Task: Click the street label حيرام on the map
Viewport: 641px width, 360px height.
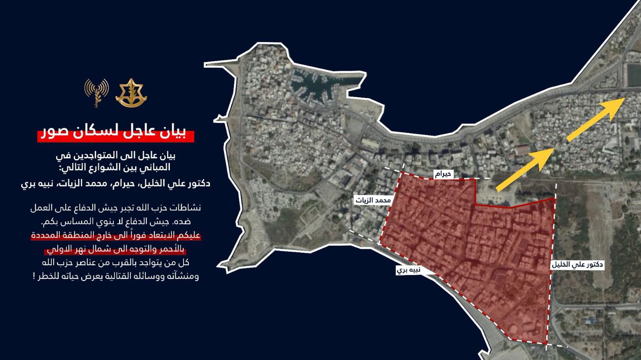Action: [x=444, y=174]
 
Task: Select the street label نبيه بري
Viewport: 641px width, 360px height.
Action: [x=408, y=270]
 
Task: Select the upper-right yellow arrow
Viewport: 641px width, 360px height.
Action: [x=597, y=120]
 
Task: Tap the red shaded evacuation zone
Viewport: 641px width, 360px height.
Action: [x=465, y=256]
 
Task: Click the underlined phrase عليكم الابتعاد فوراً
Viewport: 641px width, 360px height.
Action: [x=176, y=236]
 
